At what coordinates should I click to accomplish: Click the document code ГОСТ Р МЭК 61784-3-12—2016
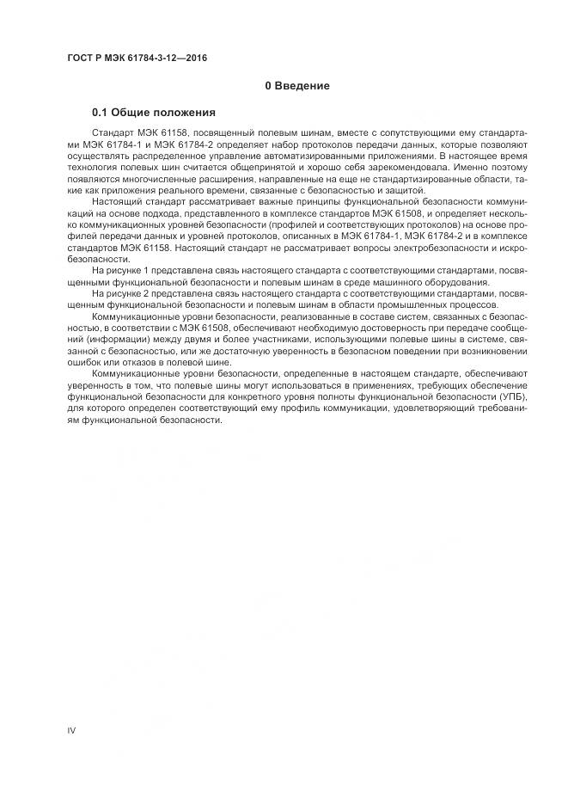137,58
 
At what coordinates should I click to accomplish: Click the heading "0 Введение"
296,86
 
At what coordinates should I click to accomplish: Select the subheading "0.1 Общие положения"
153,113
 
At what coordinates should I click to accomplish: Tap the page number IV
71,731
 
